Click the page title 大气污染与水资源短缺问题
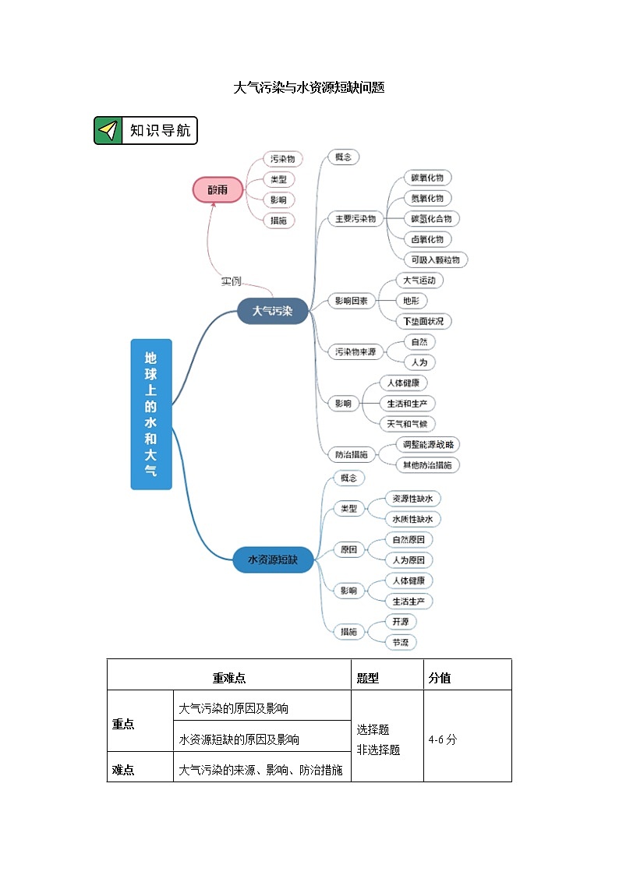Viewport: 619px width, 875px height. tap(309, 88)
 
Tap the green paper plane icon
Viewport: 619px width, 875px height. tap(108, 130)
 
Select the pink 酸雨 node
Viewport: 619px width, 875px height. tap(218, 189)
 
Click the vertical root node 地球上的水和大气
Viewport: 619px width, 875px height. tap(150, 414)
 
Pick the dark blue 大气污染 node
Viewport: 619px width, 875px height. tap(272, 311)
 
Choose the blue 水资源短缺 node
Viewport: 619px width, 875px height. tap(273, 559)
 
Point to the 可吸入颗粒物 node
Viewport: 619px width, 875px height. tap(436, 259)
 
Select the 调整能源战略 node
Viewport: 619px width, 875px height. tap(427, 444)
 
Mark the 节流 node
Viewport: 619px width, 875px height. tap(400, 643)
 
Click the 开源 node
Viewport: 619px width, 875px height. tap(401, 622)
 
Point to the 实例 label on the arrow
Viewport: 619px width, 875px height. tap(232, 281)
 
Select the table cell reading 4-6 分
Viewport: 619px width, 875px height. tap(443, 739)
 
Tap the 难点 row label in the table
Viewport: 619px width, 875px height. tap(123, 770)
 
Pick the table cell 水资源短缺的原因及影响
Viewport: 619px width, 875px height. tap(239, 739)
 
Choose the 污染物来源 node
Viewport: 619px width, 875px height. tap(355, 352)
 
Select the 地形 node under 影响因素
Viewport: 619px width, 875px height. tap(411, 301)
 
